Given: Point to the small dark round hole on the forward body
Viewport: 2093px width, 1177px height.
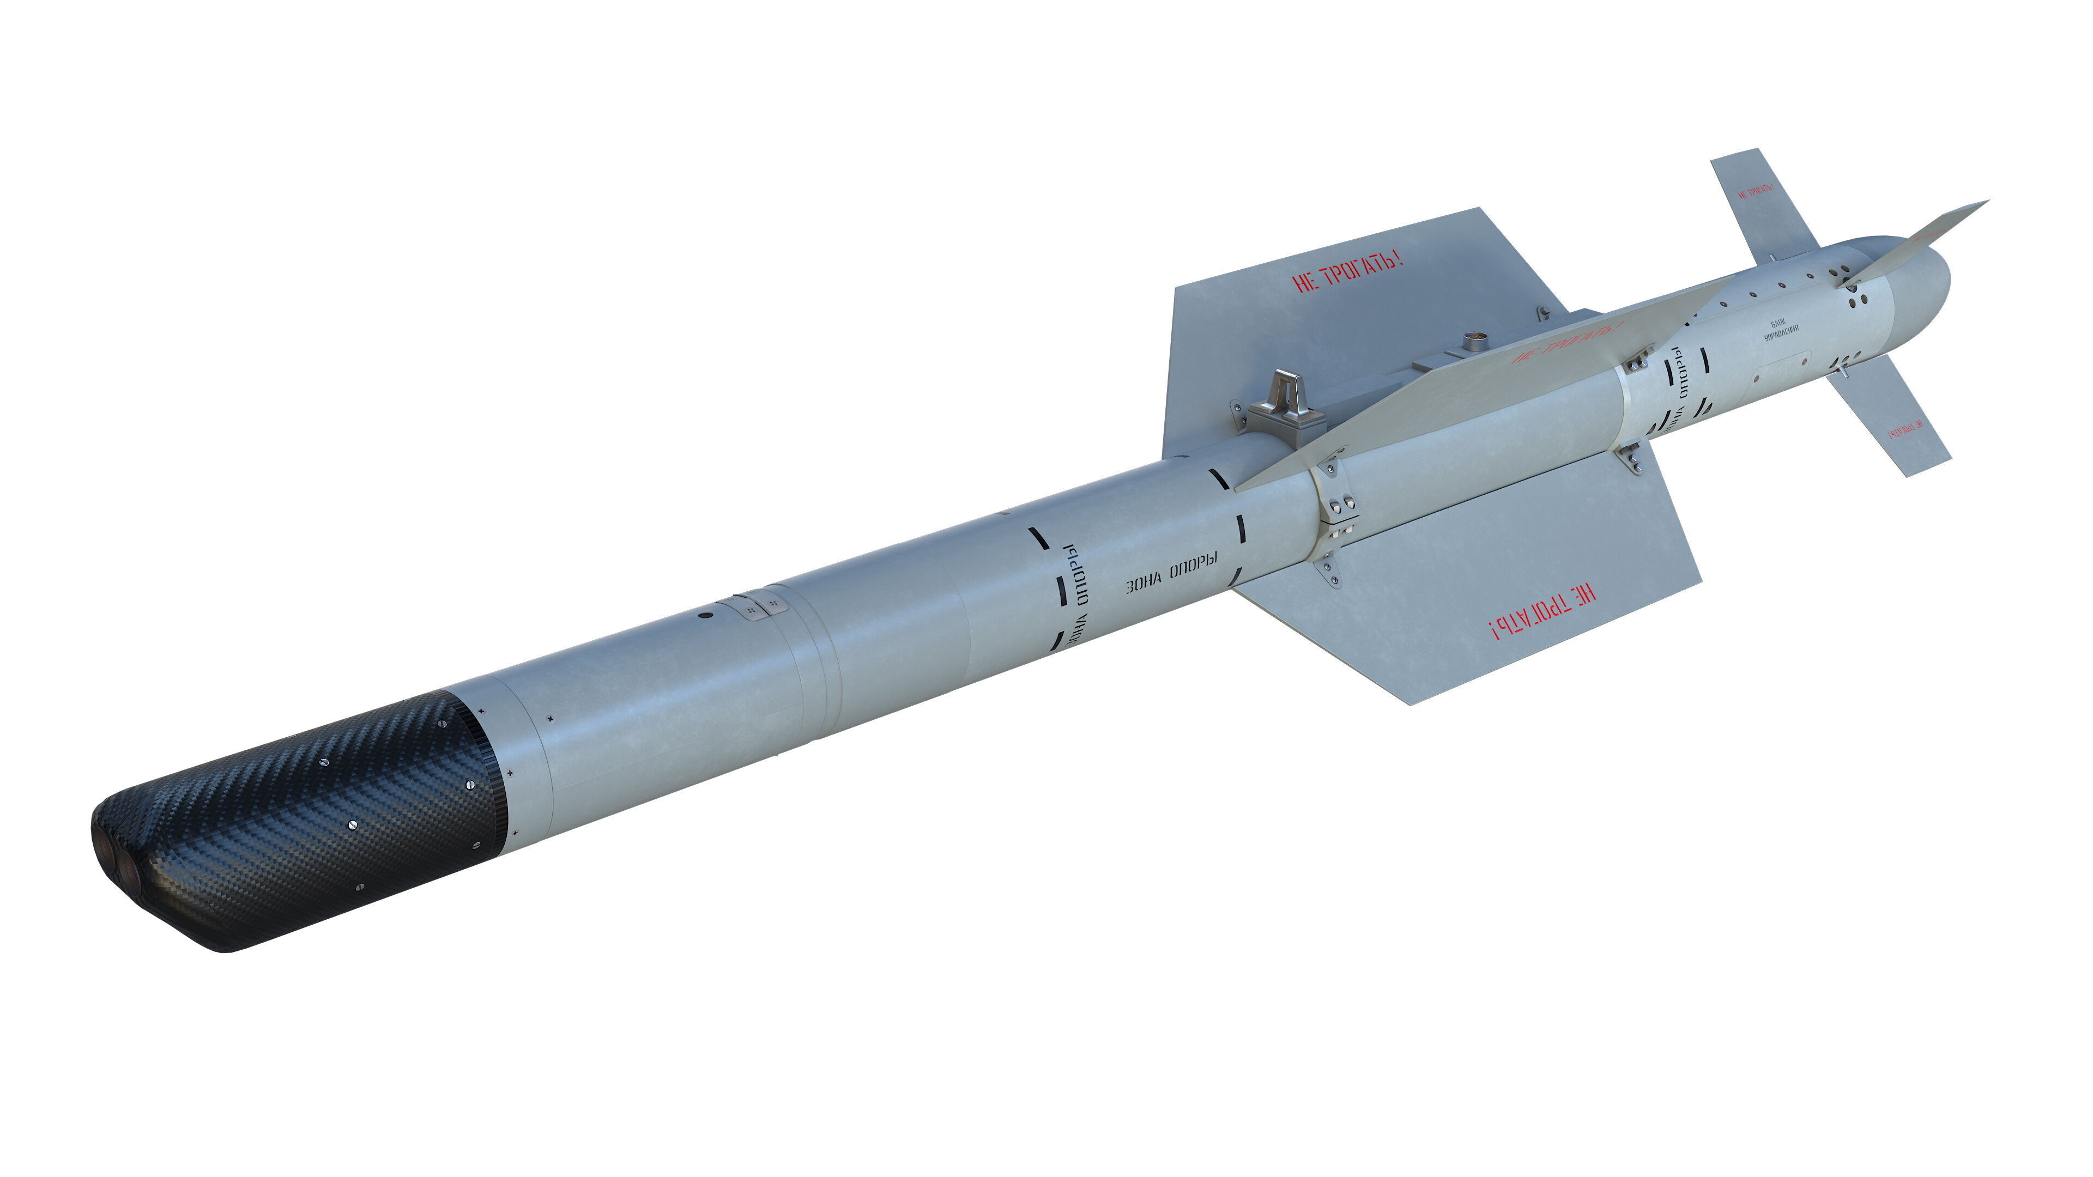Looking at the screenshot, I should (705, 616).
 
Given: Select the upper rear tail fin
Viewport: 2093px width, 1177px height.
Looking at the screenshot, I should (1763, 203).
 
